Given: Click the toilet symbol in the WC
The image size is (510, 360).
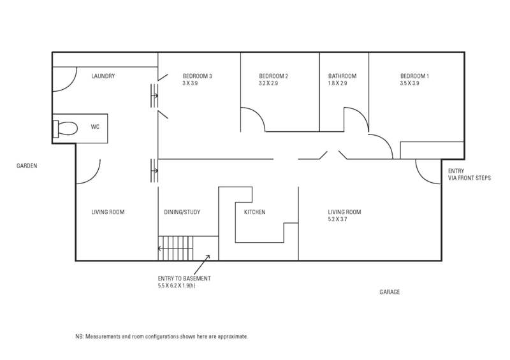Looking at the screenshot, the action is pyautogui.click(x=65, y=129).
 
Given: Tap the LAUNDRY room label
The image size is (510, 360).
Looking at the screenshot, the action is pyautogui.click(x=103, y=76).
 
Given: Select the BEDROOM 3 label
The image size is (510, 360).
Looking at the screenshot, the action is pyautogui.click(x=198, y=76).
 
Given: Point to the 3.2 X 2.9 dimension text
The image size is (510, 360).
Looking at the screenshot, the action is pyautogui.click(x=268, y=83).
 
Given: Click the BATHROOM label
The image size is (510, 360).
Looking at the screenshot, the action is pyautogui.click(x=342, y=76).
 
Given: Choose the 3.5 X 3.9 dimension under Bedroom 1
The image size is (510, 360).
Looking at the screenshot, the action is pyautogui.click(x=409, y=83).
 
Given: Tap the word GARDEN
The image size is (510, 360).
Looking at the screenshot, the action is pyautogui.click(x=27, y=166).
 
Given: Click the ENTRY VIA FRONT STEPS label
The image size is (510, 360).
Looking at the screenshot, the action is pyautogui.click(x=469, y=175).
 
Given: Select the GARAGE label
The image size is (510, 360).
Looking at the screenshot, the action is pyautogui.click(x=390, y=292).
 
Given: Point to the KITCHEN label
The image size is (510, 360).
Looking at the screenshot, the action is pyautogui.click(x=254, y=212).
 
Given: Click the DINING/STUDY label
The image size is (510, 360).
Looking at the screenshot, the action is pyautogui.click(x=182, y=212).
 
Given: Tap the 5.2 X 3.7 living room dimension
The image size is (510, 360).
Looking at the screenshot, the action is pyautogui.click(x=337, y=219).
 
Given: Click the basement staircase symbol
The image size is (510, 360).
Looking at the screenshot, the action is pyautogui.click(x=176, y=248).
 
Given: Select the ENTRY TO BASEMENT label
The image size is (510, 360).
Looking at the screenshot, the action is pyautogui.click(x=184, y=278).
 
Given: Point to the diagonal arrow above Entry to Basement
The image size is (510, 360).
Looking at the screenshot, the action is pyautogui.click(x=201, y=264).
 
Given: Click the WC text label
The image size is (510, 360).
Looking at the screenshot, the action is pyautogui.click(x=95, y=127).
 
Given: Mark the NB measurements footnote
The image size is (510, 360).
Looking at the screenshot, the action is pyautogui.click(x=162, y=336).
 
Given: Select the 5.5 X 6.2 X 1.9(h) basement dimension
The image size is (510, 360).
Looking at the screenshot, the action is pyautogui.click(x=177, y=286).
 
